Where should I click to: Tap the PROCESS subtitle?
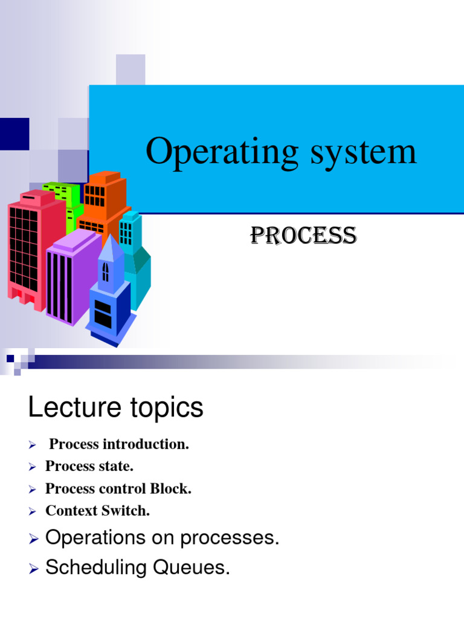point(303,236)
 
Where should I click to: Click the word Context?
point(70,511)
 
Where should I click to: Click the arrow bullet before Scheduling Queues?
point(33,568)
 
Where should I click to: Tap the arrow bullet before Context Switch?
point(33,511)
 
